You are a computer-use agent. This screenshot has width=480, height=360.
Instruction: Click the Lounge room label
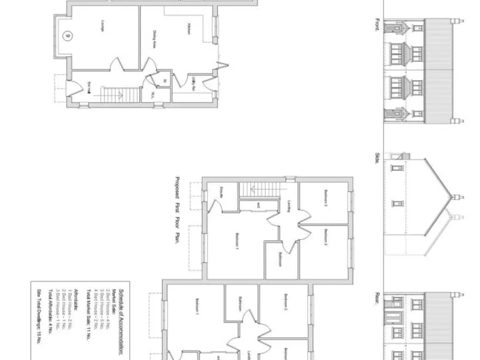(100, 25)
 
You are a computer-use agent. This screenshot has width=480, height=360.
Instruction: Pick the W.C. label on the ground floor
(152, 95)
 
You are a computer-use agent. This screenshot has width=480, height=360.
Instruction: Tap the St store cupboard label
(164, 81)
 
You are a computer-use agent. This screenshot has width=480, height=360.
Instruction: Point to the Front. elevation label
(377, 24)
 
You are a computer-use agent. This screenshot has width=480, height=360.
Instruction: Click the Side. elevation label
(377, 159)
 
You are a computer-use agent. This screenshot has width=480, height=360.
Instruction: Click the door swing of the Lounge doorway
(116, 65)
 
